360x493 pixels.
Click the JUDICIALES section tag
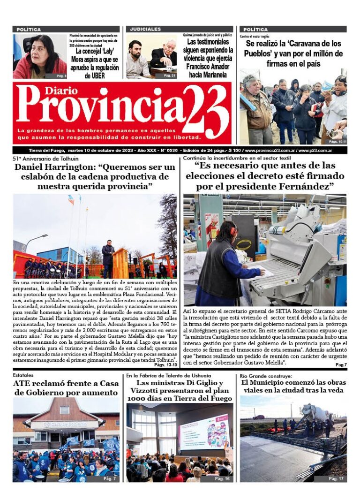(145, 29)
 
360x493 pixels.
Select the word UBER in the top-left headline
(95, 75)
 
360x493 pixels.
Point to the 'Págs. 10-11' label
(337, 141)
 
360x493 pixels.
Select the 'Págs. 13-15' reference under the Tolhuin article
(165, 364)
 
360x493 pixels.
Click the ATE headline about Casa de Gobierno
(66, 388)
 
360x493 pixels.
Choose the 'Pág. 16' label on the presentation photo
(222, 478)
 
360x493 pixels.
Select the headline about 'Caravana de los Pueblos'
(293, 53)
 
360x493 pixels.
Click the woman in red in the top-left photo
(41, 59)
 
